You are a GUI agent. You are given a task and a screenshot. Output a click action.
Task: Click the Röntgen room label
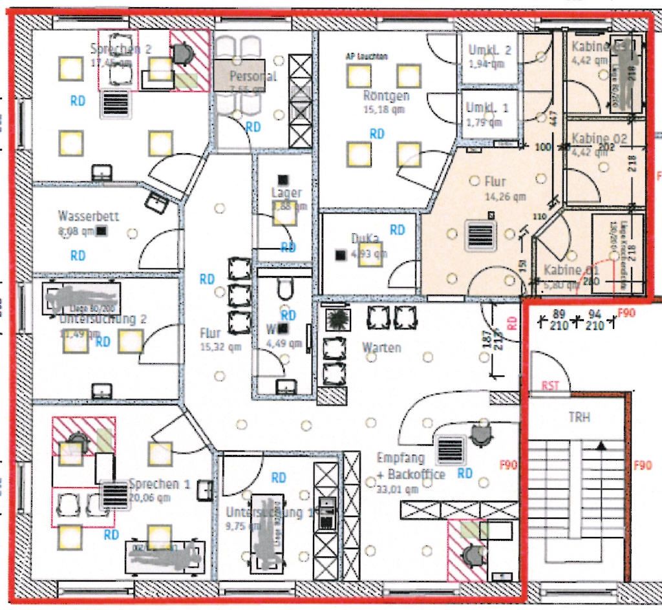coord(387,96)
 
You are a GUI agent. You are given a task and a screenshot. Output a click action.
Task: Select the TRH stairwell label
coord(579,417)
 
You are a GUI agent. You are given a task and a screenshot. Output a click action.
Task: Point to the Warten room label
coord(381,347)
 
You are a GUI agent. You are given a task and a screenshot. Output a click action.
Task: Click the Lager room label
coord(286,193)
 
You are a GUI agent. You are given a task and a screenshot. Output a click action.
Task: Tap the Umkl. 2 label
coord(489,50)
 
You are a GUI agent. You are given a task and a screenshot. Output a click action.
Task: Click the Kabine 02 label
coord(599,139)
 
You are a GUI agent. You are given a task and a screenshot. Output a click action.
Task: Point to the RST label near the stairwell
coord(550,386)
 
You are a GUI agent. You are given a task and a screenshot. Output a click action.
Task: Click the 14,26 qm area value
coord(505,196)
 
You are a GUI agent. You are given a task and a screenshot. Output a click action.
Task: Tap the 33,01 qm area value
coord(398,489)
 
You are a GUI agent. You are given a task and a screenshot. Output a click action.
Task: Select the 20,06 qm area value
coord(149,498)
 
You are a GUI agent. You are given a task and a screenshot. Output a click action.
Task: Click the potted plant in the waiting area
coord(337,319)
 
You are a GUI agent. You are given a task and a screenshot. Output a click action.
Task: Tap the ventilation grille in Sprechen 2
coord(114,103)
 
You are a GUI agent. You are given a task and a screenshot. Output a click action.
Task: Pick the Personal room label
coord(253,76)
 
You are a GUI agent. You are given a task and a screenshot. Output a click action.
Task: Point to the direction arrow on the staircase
coord(601,445)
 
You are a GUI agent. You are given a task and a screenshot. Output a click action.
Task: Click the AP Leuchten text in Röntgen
coord(367,56)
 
